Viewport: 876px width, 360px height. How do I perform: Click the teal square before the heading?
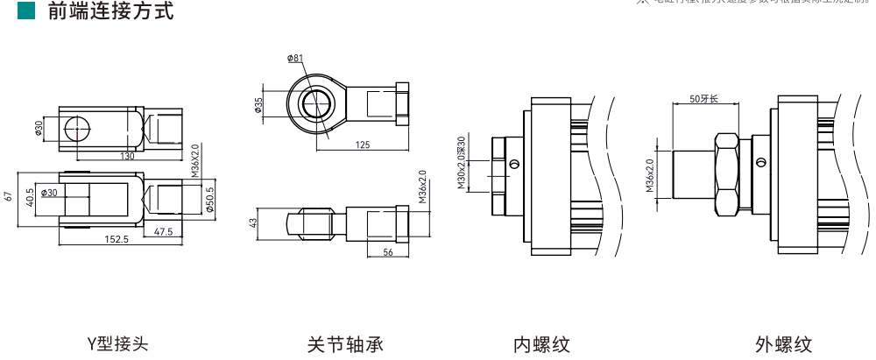24,12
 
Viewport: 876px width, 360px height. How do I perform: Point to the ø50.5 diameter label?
209,198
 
